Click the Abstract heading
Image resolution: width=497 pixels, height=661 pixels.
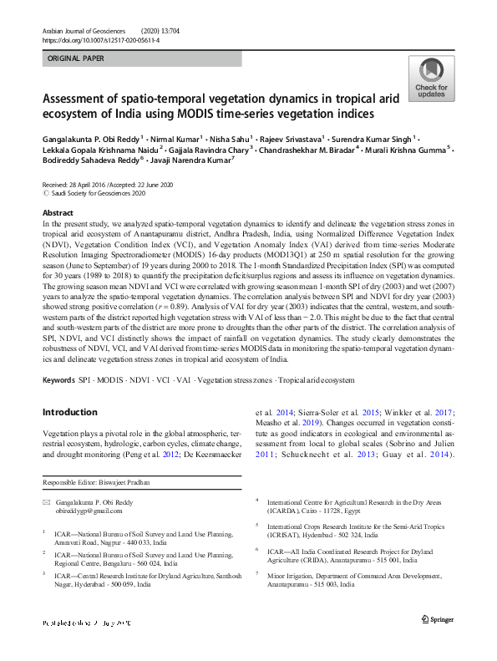pos(58,214)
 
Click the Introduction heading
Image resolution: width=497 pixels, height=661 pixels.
pos(69,412)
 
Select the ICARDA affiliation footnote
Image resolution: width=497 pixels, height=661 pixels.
pos(326,504)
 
